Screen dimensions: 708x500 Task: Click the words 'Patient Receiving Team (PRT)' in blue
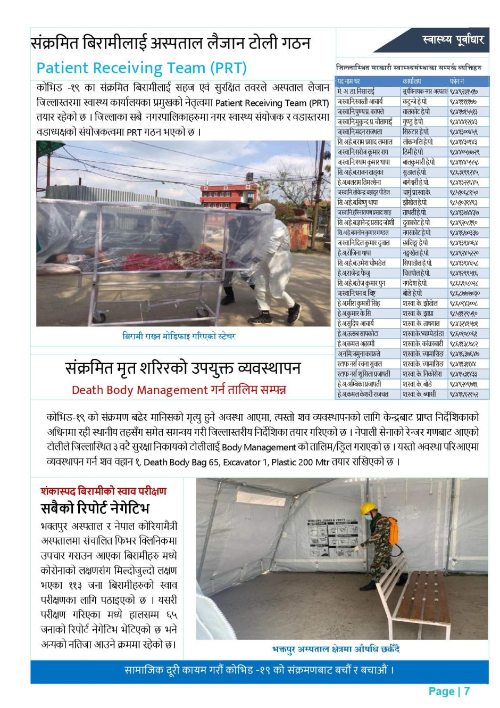click(141, 68)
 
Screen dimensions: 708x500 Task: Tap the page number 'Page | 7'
click(449, 691)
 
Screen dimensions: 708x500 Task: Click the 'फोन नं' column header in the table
click(457, 81)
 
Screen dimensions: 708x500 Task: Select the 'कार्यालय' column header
click(412, 81)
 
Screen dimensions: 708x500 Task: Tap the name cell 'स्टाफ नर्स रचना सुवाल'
click(360, 364)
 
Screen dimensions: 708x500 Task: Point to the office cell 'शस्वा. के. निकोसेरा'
click(422, 374)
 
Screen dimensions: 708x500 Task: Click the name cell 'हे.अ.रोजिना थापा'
click(354, 253)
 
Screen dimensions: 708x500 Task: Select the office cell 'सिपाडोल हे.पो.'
click(417, 264)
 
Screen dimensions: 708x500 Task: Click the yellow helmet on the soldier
click(368, 508)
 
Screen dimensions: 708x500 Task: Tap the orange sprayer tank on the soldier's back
click(392, 530)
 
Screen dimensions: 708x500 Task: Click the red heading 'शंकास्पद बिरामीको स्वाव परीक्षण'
click(104, 491)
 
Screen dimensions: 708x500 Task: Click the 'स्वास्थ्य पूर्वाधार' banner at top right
click(452, 40)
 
